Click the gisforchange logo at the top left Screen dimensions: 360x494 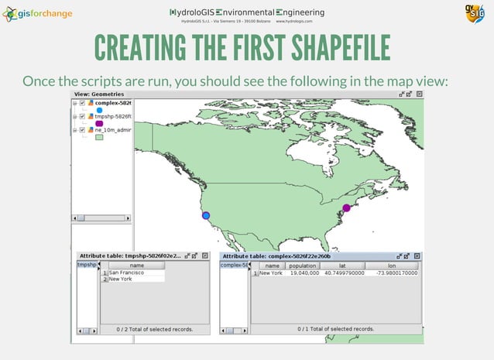[x=39, y=14]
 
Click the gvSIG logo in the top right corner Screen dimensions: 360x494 [x=475, y=15]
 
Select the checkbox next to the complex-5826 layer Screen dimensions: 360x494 [x=82, y=103]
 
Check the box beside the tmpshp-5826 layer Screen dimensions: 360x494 [x=82, y=116]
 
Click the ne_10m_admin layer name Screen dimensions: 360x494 [x=113, y=130]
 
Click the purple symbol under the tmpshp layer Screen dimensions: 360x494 [x=99, y=123]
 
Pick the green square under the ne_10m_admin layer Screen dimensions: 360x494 [x=99, y=139]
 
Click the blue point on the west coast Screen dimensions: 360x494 [x=206, y=216]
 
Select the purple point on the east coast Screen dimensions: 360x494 [x=346, y=207]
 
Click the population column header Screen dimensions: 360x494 [x=302, y=266]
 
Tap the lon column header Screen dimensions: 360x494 [x=392, y=266]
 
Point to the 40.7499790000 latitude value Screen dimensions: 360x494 [x=345, y=273]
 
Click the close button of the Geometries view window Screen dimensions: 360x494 [x=420, y=94]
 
